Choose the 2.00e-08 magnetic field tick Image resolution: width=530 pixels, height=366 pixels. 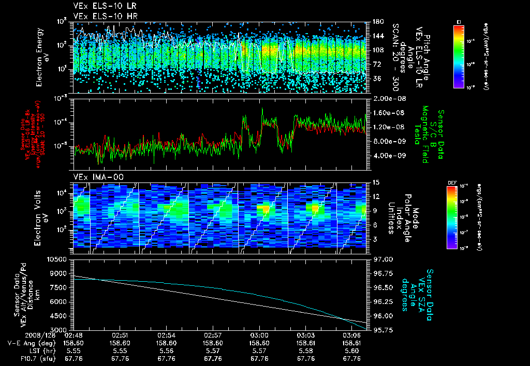[x=384, y=98]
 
